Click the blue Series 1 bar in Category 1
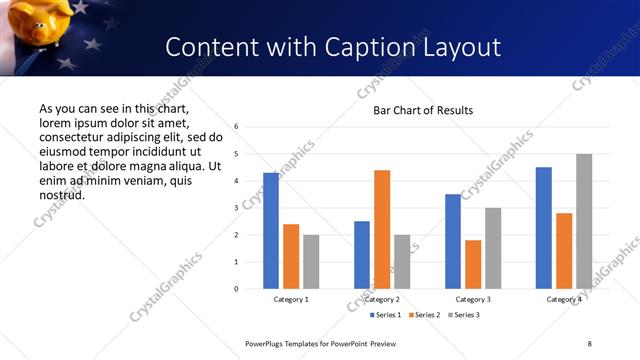271,231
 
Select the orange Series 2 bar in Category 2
382,229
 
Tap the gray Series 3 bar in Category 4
584,221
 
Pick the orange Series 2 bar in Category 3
473,264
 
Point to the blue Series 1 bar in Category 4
544,228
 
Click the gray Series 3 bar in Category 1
311,262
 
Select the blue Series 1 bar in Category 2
362,255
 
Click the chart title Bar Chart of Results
423,110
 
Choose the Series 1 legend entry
387,315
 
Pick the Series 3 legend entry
463,315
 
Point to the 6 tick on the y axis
236,127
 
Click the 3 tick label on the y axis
236,208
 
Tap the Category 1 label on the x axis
291,299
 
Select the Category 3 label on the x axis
473,299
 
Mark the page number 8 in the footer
590,343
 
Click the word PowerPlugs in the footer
266,343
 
